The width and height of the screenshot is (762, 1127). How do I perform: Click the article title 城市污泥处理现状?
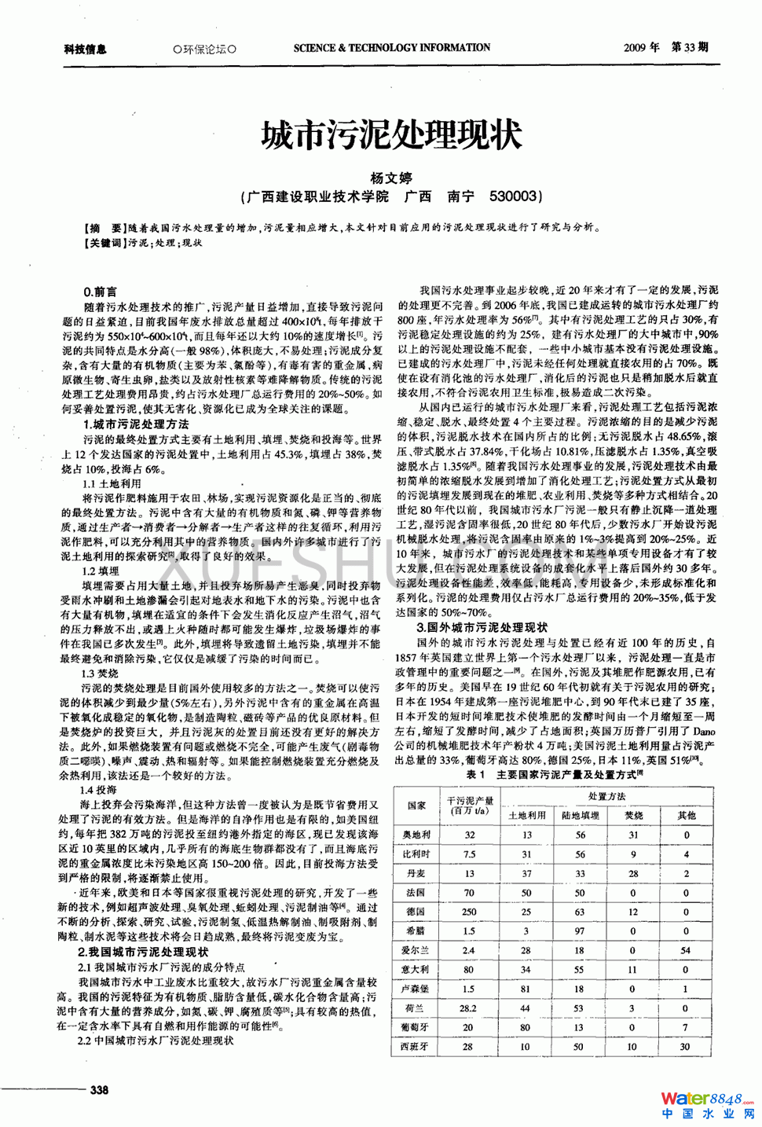coord(390,135)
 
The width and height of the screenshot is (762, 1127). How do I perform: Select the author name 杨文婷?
coord(390,178)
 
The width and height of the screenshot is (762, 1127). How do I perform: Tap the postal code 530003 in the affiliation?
coord(515,196)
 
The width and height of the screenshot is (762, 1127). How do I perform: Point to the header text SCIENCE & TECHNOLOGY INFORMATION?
coord(392,48)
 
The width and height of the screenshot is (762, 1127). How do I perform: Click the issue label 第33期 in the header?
coord(690,47)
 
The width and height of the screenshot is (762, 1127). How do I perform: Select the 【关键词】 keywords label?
coord(105,244)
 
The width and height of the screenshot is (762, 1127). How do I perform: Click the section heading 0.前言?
coord(100,292)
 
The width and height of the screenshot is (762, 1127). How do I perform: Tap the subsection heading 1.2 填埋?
coord(101,571)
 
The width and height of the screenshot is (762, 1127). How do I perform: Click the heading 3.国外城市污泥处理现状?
coord(482,627)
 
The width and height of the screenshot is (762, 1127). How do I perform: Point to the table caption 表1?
coord(475,774)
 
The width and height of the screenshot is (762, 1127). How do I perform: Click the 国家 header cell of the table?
coord(416,806)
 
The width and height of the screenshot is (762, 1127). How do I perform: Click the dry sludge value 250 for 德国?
coord(469,912)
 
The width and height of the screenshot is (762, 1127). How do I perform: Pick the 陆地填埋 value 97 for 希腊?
coord(579,931)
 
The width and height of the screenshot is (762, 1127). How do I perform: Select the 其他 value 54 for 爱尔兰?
coord(686,950)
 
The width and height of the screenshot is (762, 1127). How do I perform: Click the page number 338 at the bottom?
coord(100,1089)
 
